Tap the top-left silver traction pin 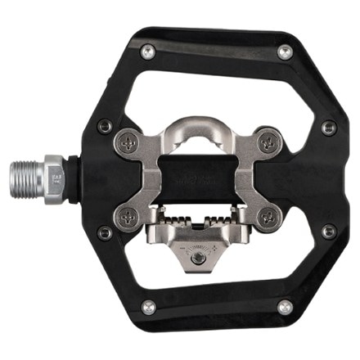147,52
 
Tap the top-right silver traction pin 284,52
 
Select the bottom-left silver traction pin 147,307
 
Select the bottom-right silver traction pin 284,307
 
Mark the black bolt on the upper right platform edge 329,128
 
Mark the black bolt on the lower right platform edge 329,232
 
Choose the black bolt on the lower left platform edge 104,232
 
